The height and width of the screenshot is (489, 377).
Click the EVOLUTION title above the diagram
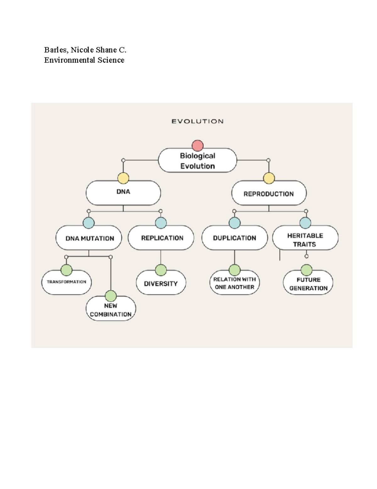point(197,121)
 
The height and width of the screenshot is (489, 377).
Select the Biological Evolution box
point(197,161)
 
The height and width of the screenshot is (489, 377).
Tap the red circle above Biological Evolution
point(198,145)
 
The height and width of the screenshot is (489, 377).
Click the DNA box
point(123,192)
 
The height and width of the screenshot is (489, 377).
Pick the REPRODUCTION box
point(269,193)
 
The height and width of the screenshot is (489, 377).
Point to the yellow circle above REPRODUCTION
point(269,178)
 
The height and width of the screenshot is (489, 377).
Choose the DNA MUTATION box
point(89,238)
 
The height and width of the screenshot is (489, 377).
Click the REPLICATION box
point(162,238)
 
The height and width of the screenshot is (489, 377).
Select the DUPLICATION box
point(234,238)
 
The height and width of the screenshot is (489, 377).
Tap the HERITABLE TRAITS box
point(305,240)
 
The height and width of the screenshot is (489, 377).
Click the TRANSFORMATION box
point(66,282)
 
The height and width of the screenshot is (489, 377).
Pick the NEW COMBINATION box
point(111,310)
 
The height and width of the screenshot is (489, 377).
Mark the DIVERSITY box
point(161,283)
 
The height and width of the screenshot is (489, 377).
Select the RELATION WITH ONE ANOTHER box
point(234,283)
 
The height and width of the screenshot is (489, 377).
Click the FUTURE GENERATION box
point(308,284)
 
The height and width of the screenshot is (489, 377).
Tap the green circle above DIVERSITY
point(161,270)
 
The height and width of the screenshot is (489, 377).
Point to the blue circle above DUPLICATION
point(234,223)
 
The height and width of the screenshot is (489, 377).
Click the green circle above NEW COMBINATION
point(111,296)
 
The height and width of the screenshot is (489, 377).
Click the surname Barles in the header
point(55,50)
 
